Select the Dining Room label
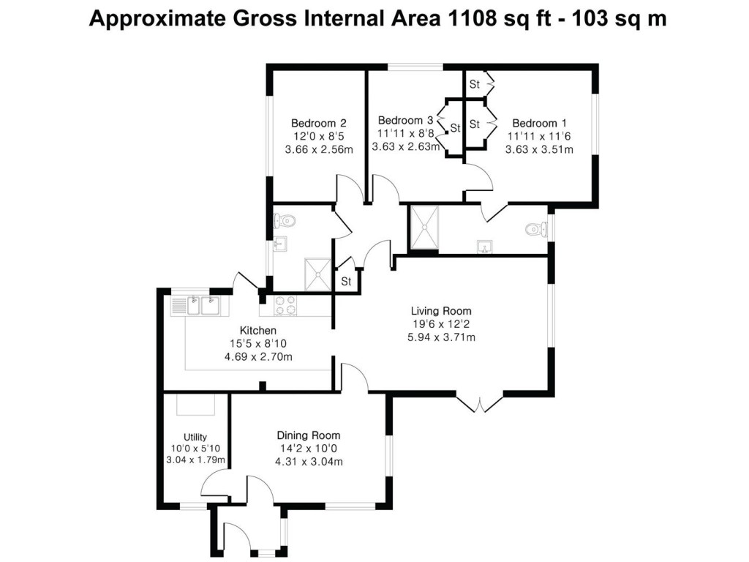click(308, 435)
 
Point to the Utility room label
click(195, 437)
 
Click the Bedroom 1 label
click(539, 123)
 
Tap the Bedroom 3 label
click(405, 120)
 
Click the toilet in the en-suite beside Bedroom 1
click(537, 229)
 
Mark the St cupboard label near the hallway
click(347, 281)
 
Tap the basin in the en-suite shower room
click(483, 244)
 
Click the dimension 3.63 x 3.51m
click(539, 149)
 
